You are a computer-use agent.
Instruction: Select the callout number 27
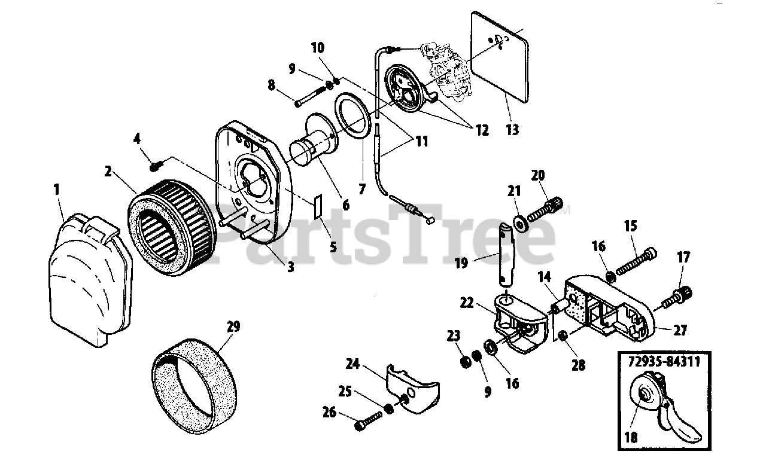pyautogui.click(x=680, y=329)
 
